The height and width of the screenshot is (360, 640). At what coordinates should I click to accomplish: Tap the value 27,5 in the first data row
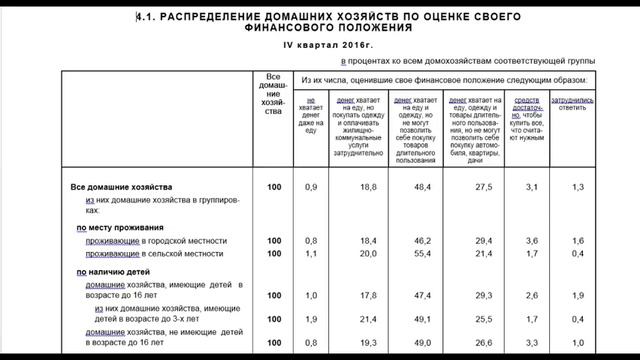pyautogui.click(x=482, y=187)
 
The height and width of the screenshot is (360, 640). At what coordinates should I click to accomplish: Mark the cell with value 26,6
pyautogui.click(x=482, y=344)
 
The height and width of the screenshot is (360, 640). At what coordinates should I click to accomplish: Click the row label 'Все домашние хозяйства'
pyautogui.click(x=122, y=187)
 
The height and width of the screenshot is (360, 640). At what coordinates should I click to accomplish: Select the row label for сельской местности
pyautogui.click(x=155, y=255)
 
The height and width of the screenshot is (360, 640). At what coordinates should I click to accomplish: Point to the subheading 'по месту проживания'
pyautogui.click(x=119, y=228)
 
